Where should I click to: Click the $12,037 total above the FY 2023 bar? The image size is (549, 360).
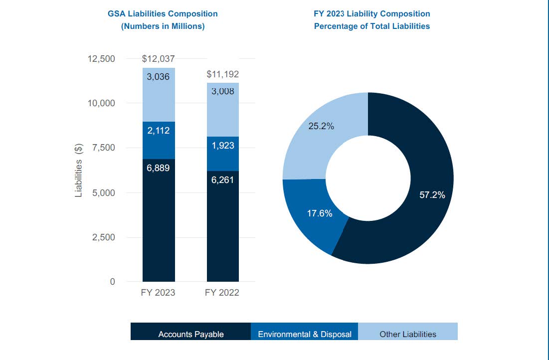[x=158, y=59]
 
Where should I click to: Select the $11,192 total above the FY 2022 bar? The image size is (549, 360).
[x=222, y=74]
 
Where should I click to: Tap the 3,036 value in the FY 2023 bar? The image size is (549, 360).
[x=158, y=77]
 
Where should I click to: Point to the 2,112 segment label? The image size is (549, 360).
[x=158, y=131]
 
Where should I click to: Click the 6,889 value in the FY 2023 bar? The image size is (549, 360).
[x=158, y=168]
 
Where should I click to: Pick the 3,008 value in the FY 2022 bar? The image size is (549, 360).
[x=222, y=91]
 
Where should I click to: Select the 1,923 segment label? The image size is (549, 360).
[x=222, y=146]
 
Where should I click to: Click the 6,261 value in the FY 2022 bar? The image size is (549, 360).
[x=222, y=180]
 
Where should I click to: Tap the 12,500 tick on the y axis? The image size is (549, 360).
[x=101, y=59]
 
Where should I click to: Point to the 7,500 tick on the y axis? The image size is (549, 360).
[x=104, y=148]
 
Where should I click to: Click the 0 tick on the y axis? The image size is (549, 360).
[x=112, y=282]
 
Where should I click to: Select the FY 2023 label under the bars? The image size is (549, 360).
[x=158, y=293]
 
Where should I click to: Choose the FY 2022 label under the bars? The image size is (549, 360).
[x=222, y=293]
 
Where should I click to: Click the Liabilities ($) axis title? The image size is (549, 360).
[x=79, y=171]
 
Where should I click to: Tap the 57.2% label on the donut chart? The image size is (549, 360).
[x=432, y=195]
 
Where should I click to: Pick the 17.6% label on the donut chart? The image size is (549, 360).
[x=320, y=213]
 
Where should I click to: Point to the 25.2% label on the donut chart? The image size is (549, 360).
[x=321, y=126]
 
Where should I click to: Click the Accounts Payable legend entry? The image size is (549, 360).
[x=191, y=334]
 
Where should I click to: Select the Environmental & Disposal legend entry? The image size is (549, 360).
[x=305, y=334]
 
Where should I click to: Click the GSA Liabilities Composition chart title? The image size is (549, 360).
[x=163, y=14]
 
